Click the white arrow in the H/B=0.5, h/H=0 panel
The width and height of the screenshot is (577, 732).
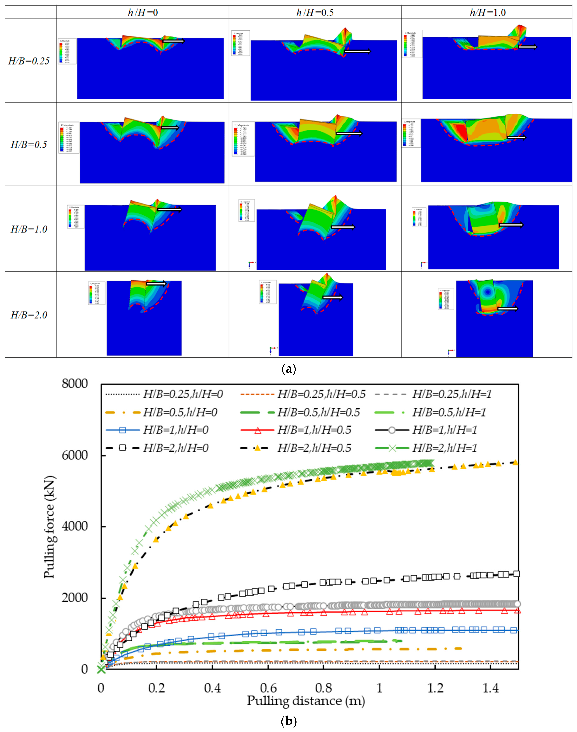coord(170,128)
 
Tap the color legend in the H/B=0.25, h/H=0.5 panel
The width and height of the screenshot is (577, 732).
coord(240,43)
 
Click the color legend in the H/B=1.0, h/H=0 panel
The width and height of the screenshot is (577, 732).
coord(75,216)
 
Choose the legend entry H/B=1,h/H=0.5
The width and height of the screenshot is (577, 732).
coord(314,430)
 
